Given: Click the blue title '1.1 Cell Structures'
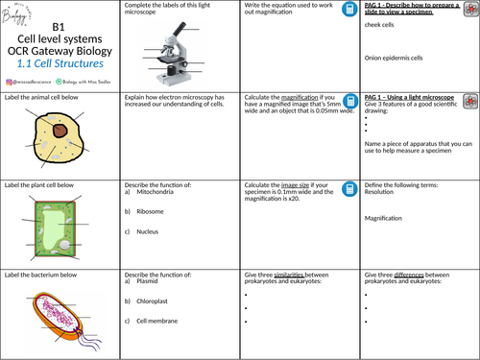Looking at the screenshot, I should click(59, 61).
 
